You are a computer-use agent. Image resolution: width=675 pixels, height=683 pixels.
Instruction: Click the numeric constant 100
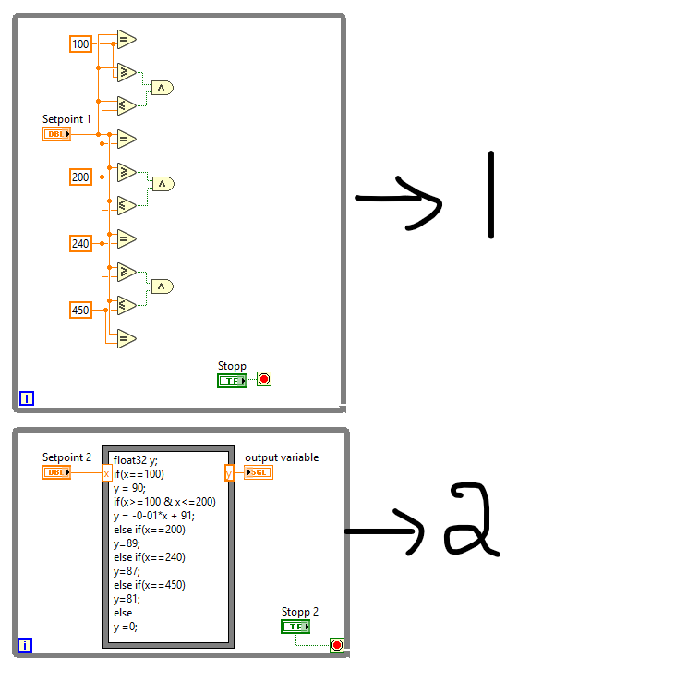coord(81,43)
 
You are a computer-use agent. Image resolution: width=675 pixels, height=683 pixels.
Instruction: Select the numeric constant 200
coord(81,177)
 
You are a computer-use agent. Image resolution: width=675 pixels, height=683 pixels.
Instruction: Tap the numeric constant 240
coord(81,243)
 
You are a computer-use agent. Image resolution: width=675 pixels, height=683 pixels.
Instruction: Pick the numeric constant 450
coord(81,310)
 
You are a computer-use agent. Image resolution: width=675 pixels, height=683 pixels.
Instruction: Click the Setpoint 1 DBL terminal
coord(56,134)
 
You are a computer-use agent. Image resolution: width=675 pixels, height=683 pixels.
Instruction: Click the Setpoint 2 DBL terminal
coord(56,472)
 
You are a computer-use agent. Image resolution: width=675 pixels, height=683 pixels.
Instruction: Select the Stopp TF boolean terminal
coord(232,380)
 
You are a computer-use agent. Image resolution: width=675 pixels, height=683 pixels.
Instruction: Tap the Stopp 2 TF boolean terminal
coord(295,627)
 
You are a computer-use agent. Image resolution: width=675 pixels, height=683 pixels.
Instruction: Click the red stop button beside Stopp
coord(264,379)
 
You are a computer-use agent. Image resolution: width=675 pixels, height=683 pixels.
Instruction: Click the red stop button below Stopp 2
coord(337,645)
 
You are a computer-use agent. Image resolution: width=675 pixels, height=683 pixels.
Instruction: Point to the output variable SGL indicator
coord(259,472)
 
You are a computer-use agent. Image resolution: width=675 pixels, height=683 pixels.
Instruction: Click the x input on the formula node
coord(106,473)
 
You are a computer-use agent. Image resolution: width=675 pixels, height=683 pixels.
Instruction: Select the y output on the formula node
coord(229,473)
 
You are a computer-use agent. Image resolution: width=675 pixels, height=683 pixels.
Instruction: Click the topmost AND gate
coord(162,88)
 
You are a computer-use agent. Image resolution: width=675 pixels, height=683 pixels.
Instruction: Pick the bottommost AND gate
coord(162,287)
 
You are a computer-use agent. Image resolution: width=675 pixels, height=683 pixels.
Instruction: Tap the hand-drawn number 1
coord(491,194)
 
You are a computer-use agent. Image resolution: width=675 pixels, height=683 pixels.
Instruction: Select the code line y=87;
coord(128,571)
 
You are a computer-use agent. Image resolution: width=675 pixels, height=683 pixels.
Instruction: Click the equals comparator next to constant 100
coord(125,39)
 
